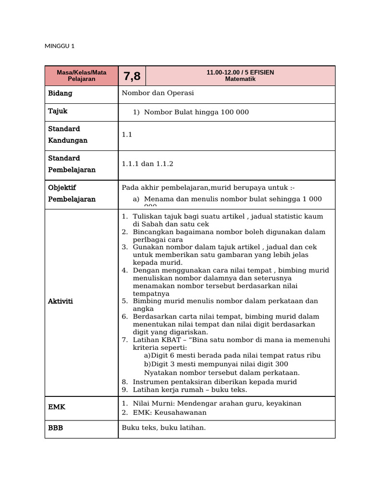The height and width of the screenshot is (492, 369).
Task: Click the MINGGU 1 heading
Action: pyautogui.click(x=60, y=46)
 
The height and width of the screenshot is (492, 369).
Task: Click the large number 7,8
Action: pyautogui.click(x=132, y=76)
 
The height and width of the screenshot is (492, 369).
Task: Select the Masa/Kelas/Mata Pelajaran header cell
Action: pyautogui.click(x=81, y=75)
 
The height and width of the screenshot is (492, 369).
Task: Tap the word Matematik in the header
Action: pyautogui.click(x=240, y=79)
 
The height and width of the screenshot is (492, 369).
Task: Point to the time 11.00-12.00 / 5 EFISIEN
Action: pyautogui.click(x=240, y=72)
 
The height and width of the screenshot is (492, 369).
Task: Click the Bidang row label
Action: pyautogui.click(x=60, y=93)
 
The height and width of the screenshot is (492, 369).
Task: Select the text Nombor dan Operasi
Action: pyautogui.click(x=158, y=93)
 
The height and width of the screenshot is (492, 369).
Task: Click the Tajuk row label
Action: pyautogui.click(x=58, y=111)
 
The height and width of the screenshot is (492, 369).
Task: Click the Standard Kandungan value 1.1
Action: pyautogui.click(x=127, y=135)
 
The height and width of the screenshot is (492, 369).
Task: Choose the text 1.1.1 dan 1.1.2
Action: pyautogui.click(x=147, y=164)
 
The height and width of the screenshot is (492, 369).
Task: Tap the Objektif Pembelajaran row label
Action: pyautogui.click(x=72, y=194)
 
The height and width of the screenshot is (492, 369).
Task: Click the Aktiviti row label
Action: pyautogui.click(x=60, y=301)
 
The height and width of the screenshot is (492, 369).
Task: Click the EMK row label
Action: pyautogui.click(x=57, y=407)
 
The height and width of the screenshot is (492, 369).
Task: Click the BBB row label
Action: pyautogui.click(x=55, y=428)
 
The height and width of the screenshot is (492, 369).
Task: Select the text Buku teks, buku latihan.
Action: pyautogui.click(x=163, y=428)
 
